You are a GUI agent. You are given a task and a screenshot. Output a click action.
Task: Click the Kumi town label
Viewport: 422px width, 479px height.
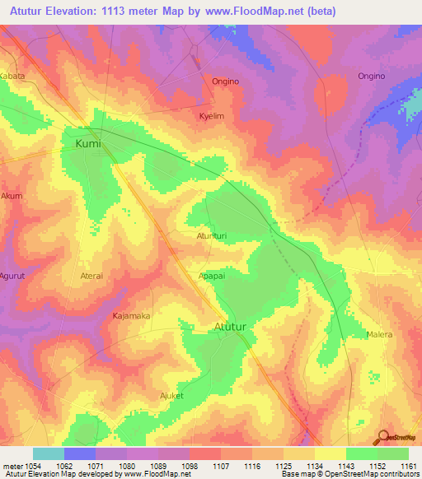coord(87,143)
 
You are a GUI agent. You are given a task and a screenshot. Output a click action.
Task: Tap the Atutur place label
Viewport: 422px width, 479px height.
coord(232,326)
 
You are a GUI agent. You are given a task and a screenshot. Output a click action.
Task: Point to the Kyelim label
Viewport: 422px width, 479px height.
coord(212,117)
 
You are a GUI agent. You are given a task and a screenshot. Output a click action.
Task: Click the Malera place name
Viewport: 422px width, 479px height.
coord(379,335)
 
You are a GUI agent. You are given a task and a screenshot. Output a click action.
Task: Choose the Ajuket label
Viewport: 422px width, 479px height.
coord(174,396)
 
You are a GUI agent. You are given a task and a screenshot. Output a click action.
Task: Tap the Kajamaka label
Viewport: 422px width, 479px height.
coord(131,315)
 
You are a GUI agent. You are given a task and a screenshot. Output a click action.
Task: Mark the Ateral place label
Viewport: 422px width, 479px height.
coord(91,277)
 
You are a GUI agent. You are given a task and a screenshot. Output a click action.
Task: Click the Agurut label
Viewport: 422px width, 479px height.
coord(13,276)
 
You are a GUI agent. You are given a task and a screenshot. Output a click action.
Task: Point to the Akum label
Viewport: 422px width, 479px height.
coord(12,197)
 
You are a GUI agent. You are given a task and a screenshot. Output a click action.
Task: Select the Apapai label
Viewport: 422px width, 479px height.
coord(212,277)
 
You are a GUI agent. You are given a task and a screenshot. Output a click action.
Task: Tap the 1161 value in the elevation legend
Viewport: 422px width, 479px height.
coord(408,465)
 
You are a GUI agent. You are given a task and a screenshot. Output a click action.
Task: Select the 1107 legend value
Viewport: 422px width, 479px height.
coord(219,465)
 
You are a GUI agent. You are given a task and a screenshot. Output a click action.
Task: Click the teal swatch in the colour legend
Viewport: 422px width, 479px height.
coord(48,453)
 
